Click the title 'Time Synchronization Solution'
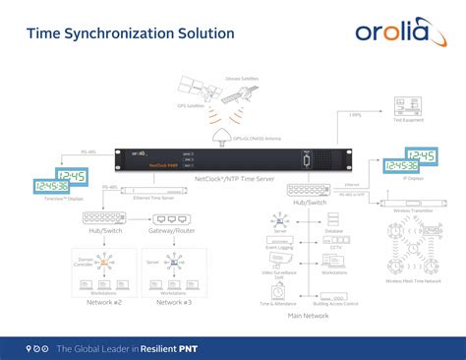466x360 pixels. tap(130, 33)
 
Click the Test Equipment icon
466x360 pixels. tap(403, 105)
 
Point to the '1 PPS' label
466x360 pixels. tap(356, 116)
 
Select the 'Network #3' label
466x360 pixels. tap(174, 303)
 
